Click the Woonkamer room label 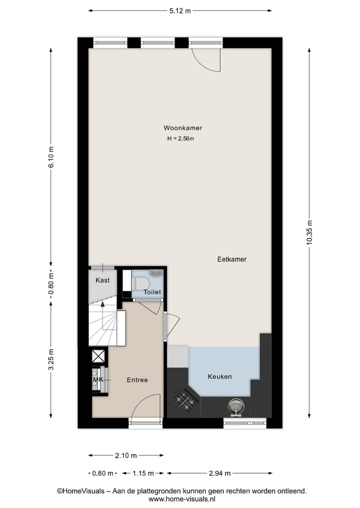[182, 128]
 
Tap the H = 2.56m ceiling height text [180, 139]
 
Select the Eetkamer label [231, 259]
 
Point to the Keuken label [220, 376]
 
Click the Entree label [137, 380]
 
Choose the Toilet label [152, 292]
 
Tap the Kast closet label [102, 280]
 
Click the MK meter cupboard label [98, 380]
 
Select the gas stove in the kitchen [186, 400]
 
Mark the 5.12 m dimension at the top [180, 10]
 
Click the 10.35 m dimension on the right [309, 233]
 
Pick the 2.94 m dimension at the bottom [219, 473]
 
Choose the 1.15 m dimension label [142, 473]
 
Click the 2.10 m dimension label [126, 455]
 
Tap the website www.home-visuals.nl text [181, 499]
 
